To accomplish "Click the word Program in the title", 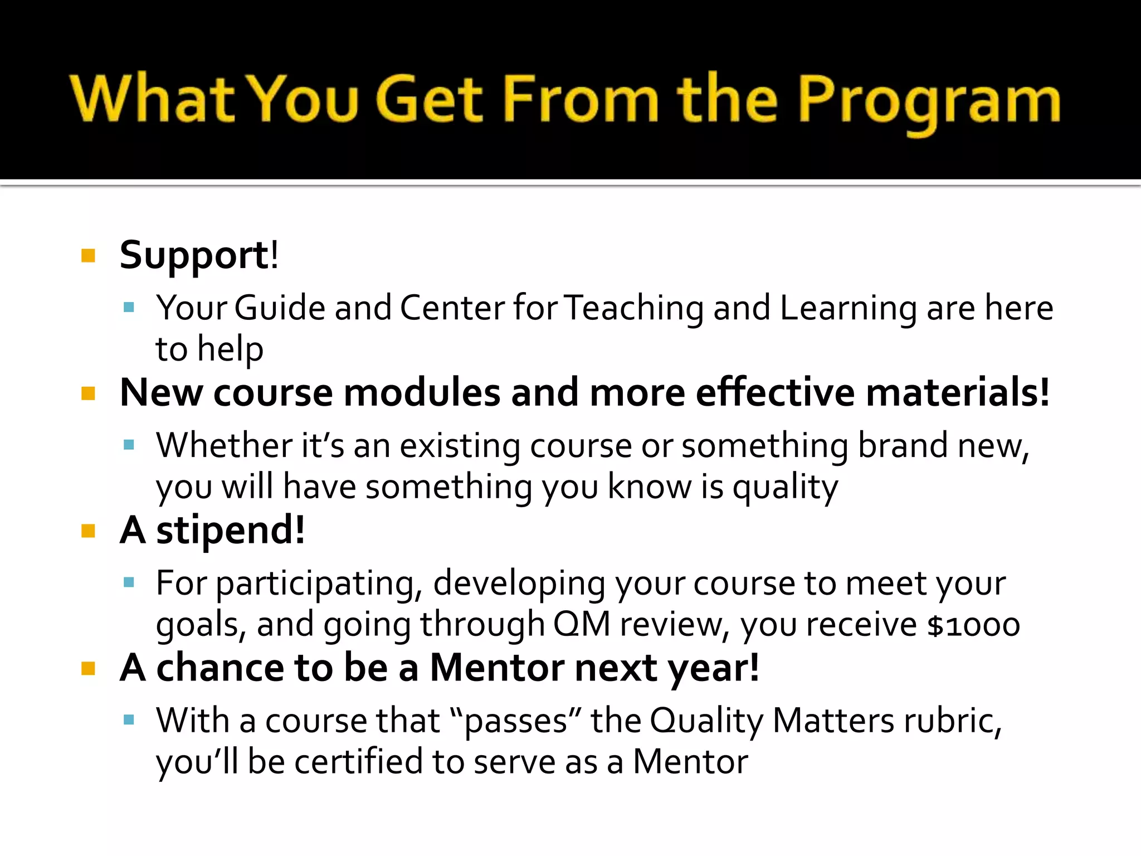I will tap(929, 100).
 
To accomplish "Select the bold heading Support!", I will tap(199, 255).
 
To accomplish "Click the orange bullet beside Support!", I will tap(88, 256).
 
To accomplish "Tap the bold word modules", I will tap(422, 393).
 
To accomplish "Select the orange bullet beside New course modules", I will tap(88, 394).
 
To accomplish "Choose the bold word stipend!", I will tap(230, 531).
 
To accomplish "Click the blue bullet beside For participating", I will tap(129, 583).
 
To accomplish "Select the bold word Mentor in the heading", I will tap(497, 668).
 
